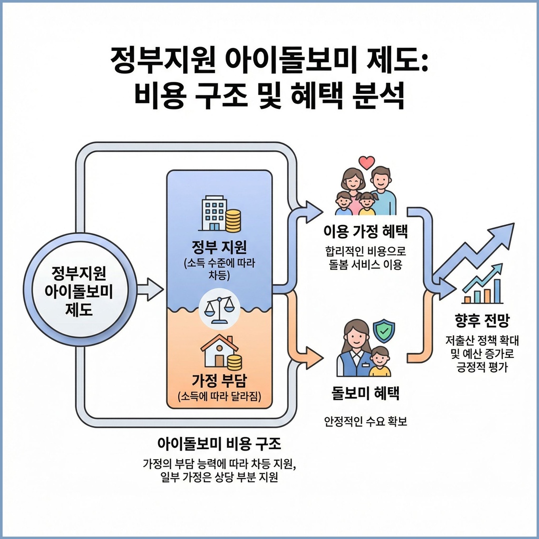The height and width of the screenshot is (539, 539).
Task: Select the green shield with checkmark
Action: (x=384, y=329)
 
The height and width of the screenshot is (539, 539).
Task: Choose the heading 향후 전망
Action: (x=483, y=320)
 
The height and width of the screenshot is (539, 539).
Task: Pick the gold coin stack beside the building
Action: (x=233, y=220)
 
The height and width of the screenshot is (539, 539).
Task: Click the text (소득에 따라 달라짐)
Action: (x=219, y=397)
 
